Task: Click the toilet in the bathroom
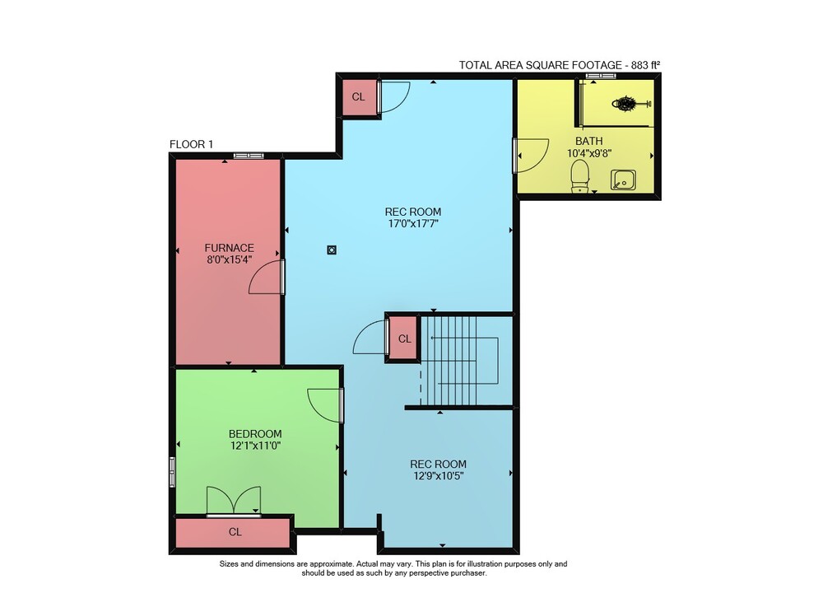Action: click(x=579, y=176)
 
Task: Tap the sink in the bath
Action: click(x=623, y=180)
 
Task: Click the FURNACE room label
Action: click(x=230, y=248)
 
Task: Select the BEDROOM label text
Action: click(x=255, y=434)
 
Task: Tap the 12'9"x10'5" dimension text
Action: click(x=439, y=476)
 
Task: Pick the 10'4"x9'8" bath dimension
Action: click(x=589, y=153)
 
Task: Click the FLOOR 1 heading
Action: click(x=191, y=144)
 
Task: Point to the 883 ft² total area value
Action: click(x=645, y=65)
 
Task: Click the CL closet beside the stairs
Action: click(x=404, y=339)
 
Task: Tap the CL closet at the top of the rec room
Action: click(x=359, y=96)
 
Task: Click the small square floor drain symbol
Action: click(x=332, y=250)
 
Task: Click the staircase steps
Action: click(x=459, y=361)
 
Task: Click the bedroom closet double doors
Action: click(x=234, y=501)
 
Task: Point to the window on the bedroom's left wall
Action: click(x=172, y=472)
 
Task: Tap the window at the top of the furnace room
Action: click(x=249, y=156)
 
